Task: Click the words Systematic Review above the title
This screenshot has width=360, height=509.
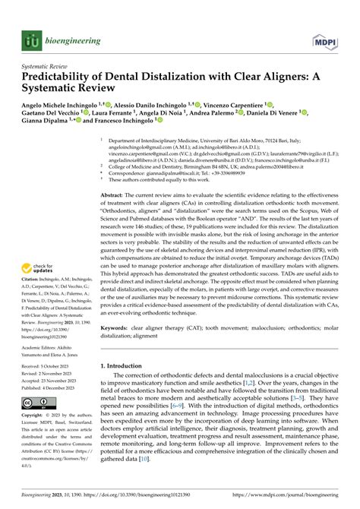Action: pyautogui.click(x=46, y=65)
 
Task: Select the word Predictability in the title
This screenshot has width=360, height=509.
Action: pyautogui.click(x=63, y=77)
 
